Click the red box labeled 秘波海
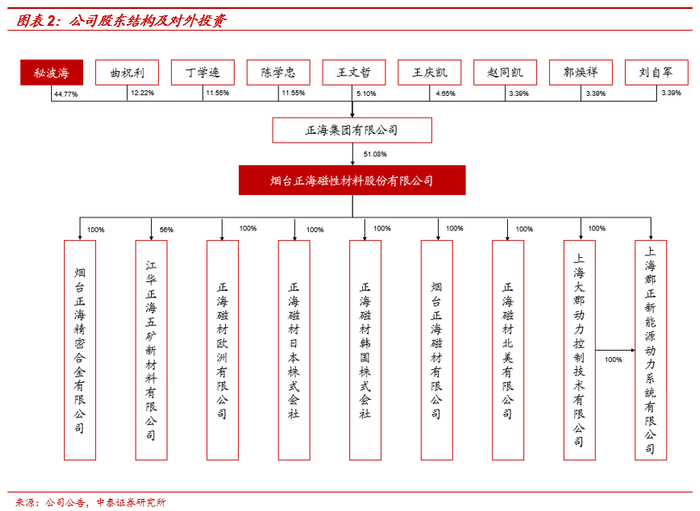pos(51,73)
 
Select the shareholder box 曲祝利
pos(127,73)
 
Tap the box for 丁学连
pos(202,73)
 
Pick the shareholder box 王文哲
pos(353,73)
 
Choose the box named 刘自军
pos(655,73)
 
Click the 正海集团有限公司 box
pos(352,130)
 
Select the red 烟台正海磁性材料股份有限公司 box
pos(352,181)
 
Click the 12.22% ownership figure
pos(141,93)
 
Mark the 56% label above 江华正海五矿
pos(166,230)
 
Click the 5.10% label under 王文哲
pos(367,93)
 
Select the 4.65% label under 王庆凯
pos(445,93)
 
